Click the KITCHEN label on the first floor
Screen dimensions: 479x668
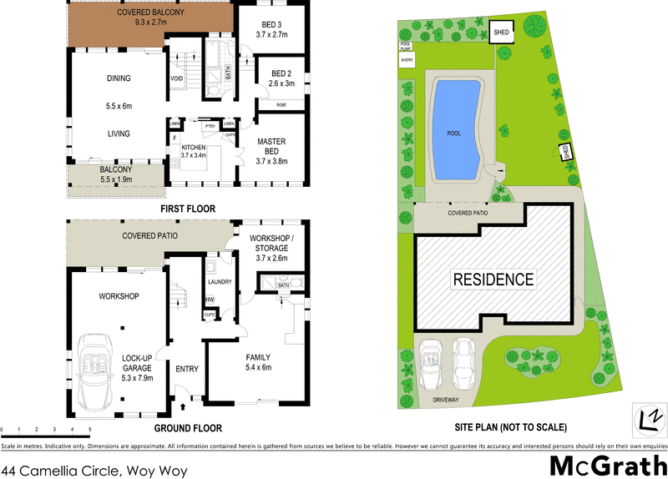click(x=194, y=146)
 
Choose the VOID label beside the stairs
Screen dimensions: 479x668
click(x=177, y=79)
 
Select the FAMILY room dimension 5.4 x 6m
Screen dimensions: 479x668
click(x=258, y=368)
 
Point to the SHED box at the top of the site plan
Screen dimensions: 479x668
click(x=501, y=33)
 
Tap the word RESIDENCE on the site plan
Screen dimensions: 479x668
click(x=493, y=279)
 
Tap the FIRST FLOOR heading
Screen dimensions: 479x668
click(x=188, y=208)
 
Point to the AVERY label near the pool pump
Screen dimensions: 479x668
click(x=407, y=60)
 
